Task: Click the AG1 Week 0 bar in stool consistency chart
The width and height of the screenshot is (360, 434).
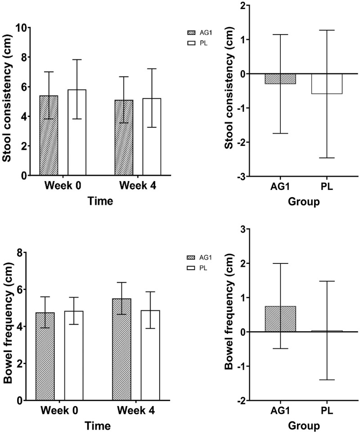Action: pyautogui.click(x=49, y=135)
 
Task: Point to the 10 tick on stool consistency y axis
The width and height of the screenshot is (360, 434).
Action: pyautogui.click(x=23, y=27)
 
